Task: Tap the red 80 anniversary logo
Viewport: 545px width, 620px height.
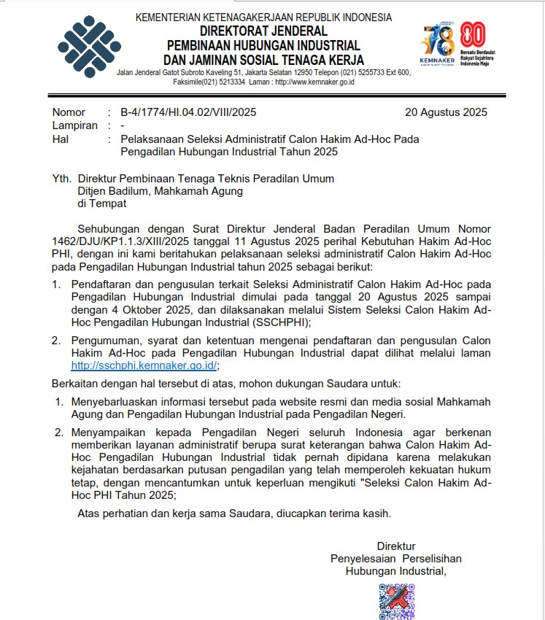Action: coord(473,35)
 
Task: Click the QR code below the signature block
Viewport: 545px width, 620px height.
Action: coord(396,601)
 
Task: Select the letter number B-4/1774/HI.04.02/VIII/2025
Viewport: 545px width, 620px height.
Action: coord(188,112)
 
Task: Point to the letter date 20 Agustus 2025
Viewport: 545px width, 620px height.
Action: coord(446,112)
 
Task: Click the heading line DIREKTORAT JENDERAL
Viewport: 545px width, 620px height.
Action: coord(264,31)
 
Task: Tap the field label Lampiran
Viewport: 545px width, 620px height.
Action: coord(75,125)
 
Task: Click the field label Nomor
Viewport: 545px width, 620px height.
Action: coord(69,112)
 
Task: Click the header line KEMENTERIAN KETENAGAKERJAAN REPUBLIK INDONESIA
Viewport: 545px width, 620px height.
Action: coord(264,18)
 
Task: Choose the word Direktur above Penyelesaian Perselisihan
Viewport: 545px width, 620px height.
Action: coord(396,546)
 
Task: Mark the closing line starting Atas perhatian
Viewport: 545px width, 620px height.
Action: coord(234,513)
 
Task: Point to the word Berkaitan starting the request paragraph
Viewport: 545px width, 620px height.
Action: coord(74,383)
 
